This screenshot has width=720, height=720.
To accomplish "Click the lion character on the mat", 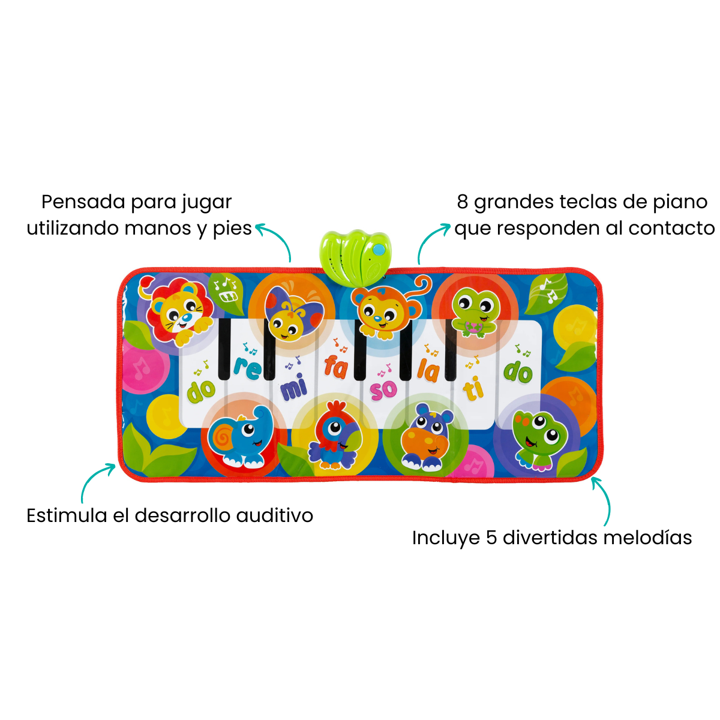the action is tap(175, 311).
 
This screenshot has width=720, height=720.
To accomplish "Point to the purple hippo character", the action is tap(426, 436).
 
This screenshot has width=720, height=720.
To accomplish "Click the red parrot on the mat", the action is tap(334, 435).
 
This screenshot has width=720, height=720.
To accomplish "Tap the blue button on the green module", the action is tap(379, 249).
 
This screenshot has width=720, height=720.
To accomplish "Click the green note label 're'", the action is tap(247, 368).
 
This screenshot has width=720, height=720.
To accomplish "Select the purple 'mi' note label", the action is tap(294, 389).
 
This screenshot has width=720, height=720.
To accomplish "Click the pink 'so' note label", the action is tap(383, 390).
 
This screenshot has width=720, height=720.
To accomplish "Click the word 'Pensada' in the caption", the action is tap(83, 202).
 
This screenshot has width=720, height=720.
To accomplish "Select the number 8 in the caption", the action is tap(462, 202).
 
